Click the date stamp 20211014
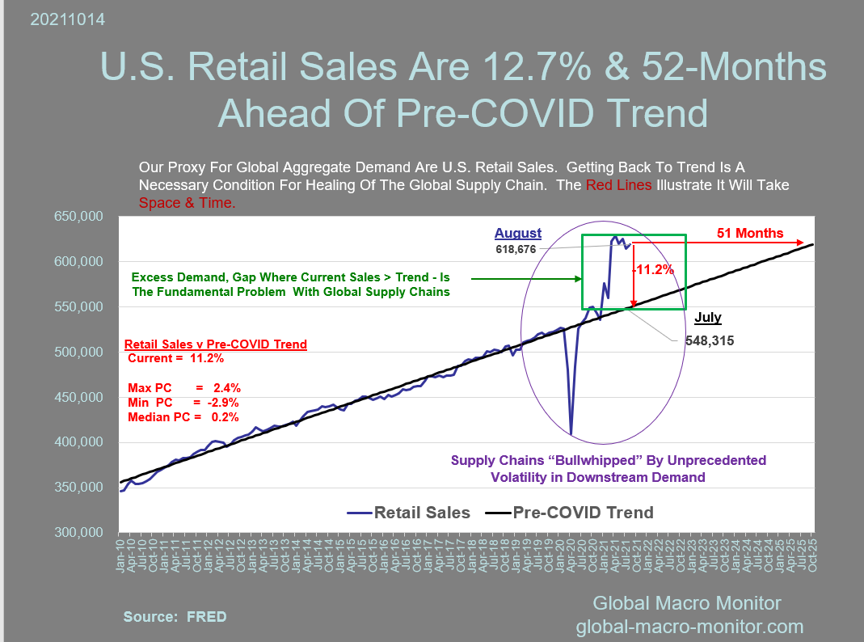coord(67,19)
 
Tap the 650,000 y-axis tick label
coord(78,217)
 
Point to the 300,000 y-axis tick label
coord(78,532)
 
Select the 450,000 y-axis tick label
coord(78,397)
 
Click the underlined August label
coord(518,234)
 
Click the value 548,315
coord(709,341)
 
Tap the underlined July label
coord(707,318)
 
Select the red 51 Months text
coord(750,234)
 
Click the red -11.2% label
coord(654,269)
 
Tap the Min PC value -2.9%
coord(223,402)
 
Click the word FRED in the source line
coord(206,617)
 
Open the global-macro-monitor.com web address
coord(689,626)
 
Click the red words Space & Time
coord(187,203)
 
